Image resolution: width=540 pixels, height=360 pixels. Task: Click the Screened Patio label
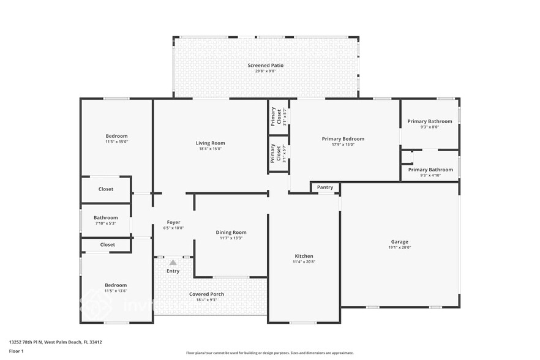coord(265,66)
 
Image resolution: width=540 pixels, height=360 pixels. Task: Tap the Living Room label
coord(210,143)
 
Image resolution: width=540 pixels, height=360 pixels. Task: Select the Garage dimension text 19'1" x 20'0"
coord(399,247)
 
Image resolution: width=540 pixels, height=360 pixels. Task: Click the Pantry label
coord(325,187)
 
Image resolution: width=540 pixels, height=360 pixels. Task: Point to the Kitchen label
coord(304,256)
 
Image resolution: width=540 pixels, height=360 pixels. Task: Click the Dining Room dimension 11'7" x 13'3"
coord(231,238)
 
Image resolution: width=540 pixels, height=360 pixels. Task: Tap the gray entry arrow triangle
coord(173,262)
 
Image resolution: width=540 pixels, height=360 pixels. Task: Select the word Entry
coord(173,271)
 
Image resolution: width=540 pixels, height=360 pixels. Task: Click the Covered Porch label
coord(206,294)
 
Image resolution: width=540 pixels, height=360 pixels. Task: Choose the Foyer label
coord(173,222)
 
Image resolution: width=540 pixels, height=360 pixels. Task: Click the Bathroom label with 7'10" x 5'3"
coord(105,217)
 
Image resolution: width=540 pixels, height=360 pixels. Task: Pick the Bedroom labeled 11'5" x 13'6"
coord(116,285)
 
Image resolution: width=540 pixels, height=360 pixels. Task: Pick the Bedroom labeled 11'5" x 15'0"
coord(116,136)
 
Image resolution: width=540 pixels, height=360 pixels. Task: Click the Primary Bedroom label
coord(343,139)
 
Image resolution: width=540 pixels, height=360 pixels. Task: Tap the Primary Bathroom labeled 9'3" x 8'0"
coord(430,121)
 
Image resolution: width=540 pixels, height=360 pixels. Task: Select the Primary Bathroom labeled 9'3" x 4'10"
coord(430,170)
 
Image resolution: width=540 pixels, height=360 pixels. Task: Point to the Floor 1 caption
coord(16,351)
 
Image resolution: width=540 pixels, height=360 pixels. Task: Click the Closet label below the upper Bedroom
coord(106,189)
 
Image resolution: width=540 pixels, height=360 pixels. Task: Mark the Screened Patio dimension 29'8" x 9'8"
coord(265,71)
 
